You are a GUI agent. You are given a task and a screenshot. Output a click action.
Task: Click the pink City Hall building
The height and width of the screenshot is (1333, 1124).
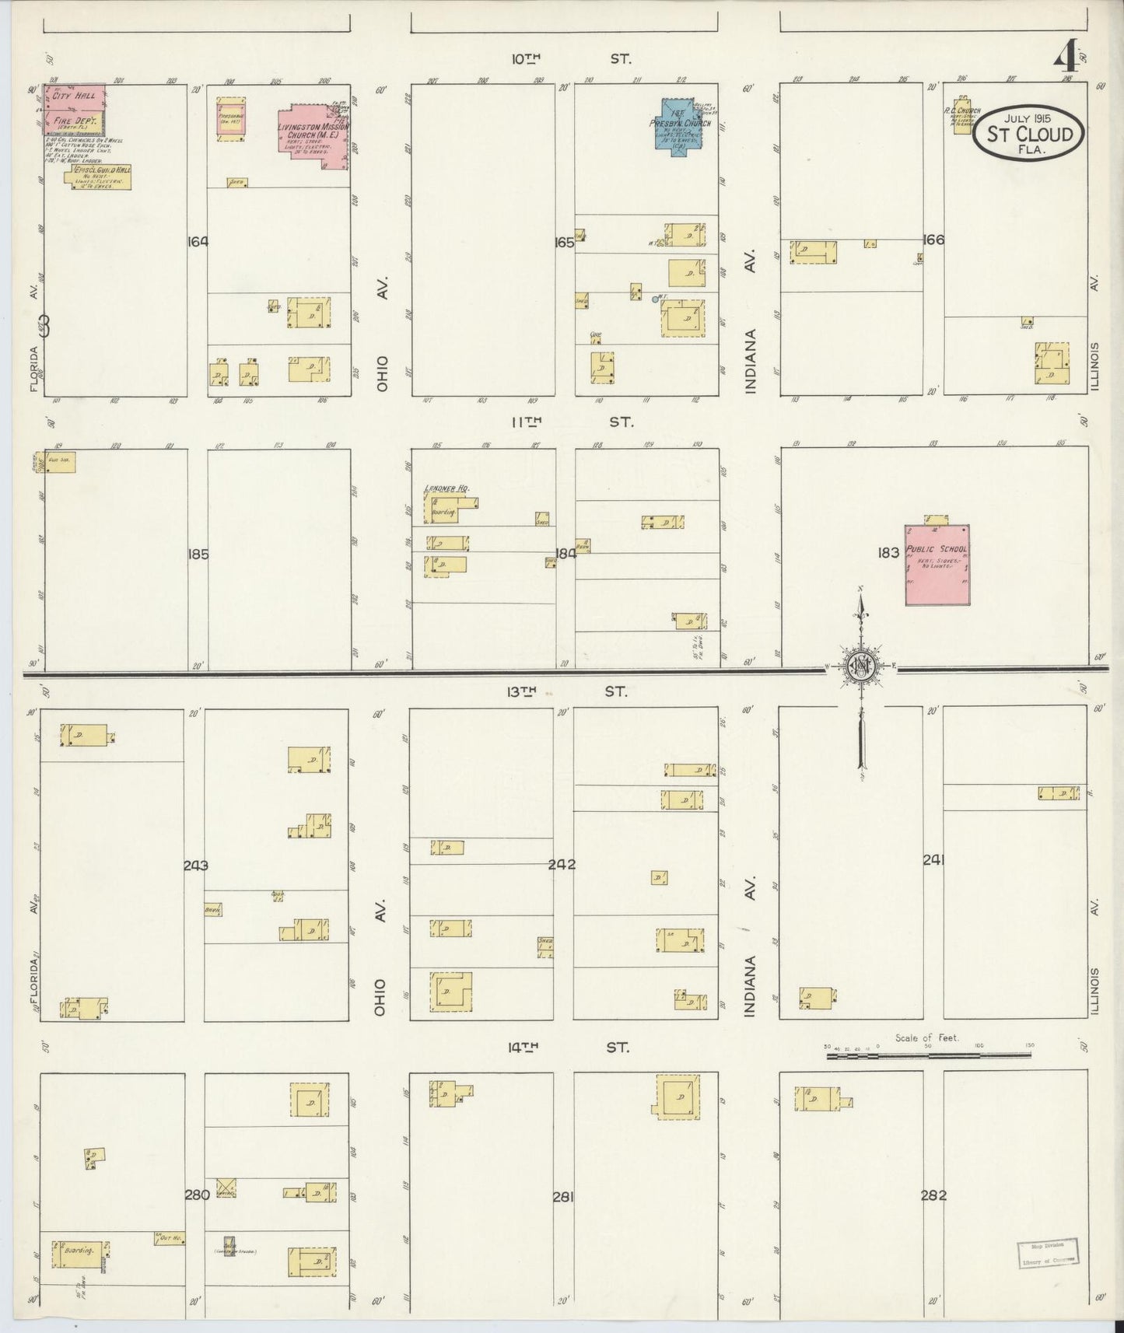click(x=75, y=97)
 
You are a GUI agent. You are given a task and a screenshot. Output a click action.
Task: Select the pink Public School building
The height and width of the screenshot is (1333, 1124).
click(x=937, y=565)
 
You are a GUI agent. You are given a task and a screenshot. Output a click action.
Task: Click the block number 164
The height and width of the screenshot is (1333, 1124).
click(x=198, y=242)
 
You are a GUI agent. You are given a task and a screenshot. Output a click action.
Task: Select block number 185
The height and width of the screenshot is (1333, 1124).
click(x=198, y=555)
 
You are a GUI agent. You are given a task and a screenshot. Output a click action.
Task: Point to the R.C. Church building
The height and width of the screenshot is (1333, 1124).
click(x=963, y=116)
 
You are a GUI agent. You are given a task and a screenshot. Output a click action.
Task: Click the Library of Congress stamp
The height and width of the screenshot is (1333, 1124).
click(x=1047, y=1253)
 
